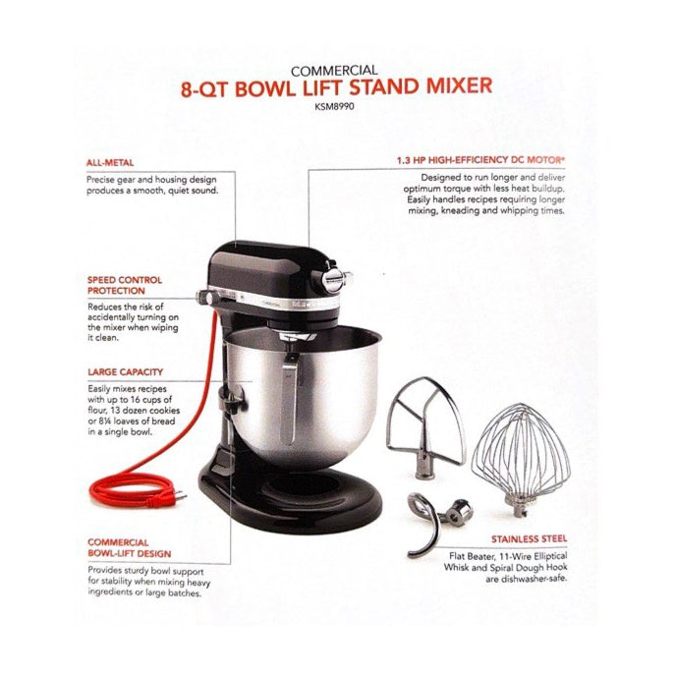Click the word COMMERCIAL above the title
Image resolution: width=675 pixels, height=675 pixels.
[x=337, y=70]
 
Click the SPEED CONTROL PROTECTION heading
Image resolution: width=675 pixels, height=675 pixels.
[x=124, y=285]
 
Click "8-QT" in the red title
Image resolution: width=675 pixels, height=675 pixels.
[x=213, y=85]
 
